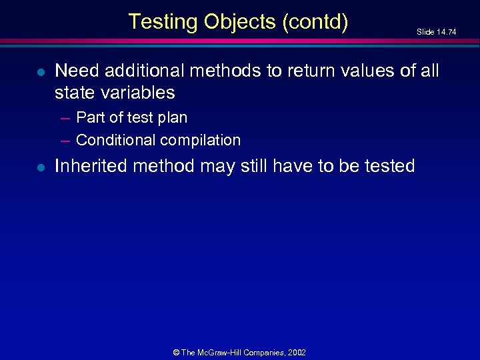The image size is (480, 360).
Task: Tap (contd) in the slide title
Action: [315, 22]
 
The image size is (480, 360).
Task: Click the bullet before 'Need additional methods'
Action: [40, 71]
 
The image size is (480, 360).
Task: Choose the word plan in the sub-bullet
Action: [172, 118]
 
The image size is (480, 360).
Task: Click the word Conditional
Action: [115, 140]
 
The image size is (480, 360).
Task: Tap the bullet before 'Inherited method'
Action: [40, 167]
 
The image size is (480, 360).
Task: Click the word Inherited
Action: [91, 166]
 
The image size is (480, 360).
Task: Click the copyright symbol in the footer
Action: [177, 352]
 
